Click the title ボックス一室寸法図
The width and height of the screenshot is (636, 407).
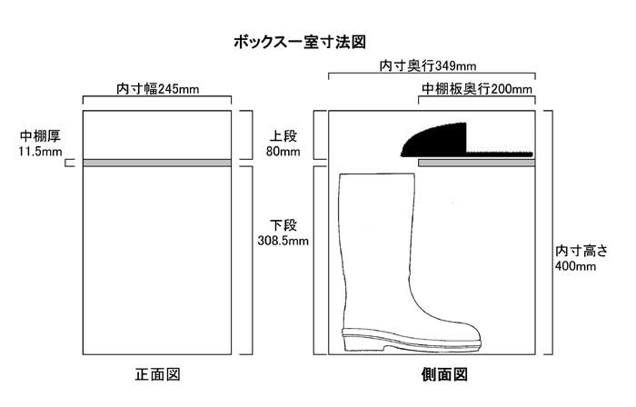[299, 42]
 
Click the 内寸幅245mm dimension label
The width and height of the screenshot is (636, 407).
[157, 89]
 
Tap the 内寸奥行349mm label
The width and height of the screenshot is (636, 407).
[427, 66]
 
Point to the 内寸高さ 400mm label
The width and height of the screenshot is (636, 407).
[579, 257]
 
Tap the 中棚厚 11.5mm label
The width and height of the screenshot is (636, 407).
[40, 144]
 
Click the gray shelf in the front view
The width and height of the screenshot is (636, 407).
[157, 163]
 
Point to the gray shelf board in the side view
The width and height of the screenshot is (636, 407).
[476, 163]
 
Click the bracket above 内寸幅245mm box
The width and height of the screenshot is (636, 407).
[157, 98]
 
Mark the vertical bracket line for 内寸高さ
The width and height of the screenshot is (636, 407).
[551, 233]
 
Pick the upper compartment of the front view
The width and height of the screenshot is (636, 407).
[157, 134]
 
